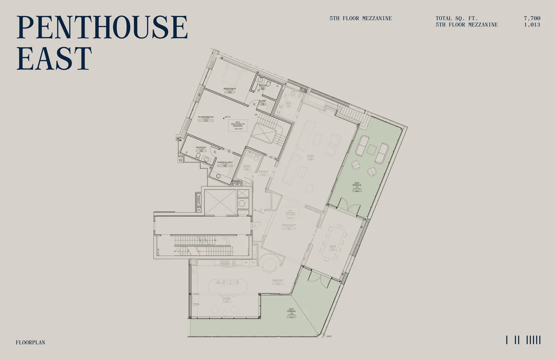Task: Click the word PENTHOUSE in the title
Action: tap(102, 27)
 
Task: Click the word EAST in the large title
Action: tap(54, 59)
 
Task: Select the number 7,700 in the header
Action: tap(532, 18)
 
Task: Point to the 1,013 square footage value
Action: tap(532, 25)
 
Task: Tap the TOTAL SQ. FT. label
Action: tap(456, 18)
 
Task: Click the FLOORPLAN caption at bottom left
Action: tap(30, 343)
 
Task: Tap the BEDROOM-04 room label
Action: tap(229, 89)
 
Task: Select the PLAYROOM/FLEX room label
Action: tap(206, 117)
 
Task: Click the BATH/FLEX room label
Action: tap(201, 148)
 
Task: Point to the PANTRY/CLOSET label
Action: tap(225, 162)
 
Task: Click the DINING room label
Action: tap(332, 246)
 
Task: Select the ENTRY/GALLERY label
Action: tap(289, 225)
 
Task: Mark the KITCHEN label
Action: tap(226, 298)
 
